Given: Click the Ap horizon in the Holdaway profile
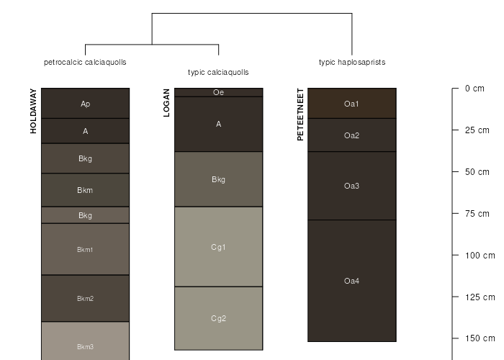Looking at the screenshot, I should [85, 104].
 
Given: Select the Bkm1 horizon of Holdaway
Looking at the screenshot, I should [85, 249].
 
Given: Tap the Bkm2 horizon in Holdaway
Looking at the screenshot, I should [85, 298].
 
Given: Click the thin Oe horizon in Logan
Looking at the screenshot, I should [218, 92].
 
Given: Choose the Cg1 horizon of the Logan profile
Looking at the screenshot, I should [218, 247].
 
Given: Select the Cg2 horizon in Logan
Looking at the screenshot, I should [218, 318].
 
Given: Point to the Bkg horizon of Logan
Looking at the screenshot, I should [218, 179].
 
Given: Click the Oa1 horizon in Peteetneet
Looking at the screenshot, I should [351, 104].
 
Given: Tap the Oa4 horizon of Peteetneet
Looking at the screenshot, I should [351, 281].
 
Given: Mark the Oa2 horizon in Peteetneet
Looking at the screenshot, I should [351, 135].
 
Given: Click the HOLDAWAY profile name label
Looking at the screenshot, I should [33, 111].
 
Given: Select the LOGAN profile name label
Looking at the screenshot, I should [167, 102].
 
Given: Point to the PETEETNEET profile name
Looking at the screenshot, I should [300, 114].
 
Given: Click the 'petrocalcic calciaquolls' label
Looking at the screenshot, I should [85, 63].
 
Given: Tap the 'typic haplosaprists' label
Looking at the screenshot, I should [352, 63].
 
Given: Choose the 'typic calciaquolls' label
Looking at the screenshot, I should [218, 73].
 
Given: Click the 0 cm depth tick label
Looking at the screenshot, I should [474, 89].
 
